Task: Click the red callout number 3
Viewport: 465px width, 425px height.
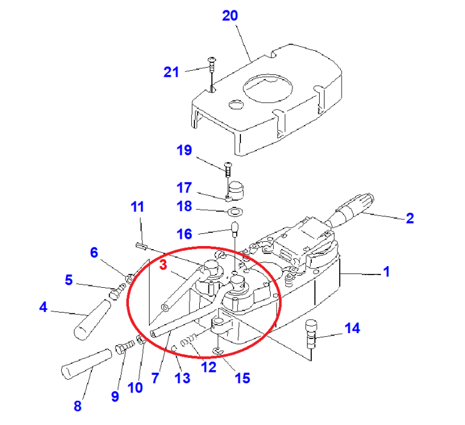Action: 163,265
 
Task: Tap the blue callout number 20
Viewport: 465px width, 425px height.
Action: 230,16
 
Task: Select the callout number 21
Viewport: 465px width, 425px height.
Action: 171,72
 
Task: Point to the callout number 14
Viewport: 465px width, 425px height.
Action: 352,328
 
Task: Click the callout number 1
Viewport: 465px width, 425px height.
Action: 386,271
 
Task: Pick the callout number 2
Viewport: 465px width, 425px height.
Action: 409,218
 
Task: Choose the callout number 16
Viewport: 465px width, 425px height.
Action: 184,234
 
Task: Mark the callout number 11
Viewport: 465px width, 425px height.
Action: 137,207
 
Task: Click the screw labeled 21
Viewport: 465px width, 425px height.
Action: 212,65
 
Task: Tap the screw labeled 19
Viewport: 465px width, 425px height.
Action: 228,169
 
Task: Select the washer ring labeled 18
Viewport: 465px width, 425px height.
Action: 235,212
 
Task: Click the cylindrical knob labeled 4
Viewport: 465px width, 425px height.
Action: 91,319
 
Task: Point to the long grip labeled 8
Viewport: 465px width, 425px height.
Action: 87,364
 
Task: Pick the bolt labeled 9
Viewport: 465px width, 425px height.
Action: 125,346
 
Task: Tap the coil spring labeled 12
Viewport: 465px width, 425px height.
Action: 189,340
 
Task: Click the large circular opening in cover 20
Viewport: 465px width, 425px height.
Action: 268,88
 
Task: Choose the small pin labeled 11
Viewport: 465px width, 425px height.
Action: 141,246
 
